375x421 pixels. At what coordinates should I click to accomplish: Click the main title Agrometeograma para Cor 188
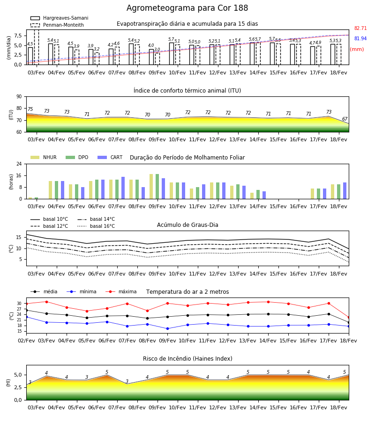(187, 8)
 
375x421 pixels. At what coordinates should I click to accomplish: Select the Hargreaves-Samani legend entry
(60, 18)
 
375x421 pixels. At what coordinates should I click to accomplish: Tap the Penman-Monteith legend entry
(57, 25)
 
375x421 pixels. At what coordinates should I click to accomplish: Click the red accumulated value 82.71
(360, 28)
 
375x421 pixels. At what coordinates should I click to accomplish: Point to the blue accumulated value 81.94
(360, 38)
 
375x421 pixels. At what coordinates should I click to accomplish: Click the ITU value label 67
(345, 119)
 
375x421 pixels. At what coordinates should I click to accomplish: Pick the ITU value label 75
(30, 109)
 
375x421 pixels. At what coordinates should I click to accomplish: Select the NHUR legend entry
(44, 157)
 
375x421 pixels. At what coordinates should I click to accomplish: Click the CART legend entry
(110, 157)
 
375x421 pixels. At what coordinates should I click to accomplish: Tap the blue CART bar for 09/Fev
(163, 189)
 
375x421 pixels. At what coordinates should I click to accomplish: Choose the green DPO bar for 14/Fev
(258, 195)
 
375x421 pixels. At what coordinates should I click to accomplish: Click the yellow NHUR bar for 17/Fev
(312, 194)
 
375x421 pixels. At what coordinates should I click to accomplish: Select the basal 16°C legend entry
(96, 226)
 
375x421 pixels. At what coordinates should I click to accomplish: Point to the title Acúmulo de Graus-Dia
(187, 225)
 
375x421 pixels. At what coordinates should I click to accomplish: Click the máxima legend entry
(121, 291)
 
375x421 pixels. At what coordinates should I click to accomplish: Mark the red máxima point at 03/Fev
(46, 302)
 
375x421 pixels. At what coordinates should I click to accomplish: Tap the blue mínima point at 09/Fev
(168, 329)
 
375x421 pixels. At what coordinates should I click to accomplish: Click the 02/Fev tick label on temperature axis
(26, 341)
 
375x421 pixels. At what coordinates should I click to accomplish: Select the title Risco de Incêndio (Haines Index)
(187, 359)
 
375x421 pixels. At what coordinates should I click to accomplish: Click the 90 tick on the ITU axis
(19, 97)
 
